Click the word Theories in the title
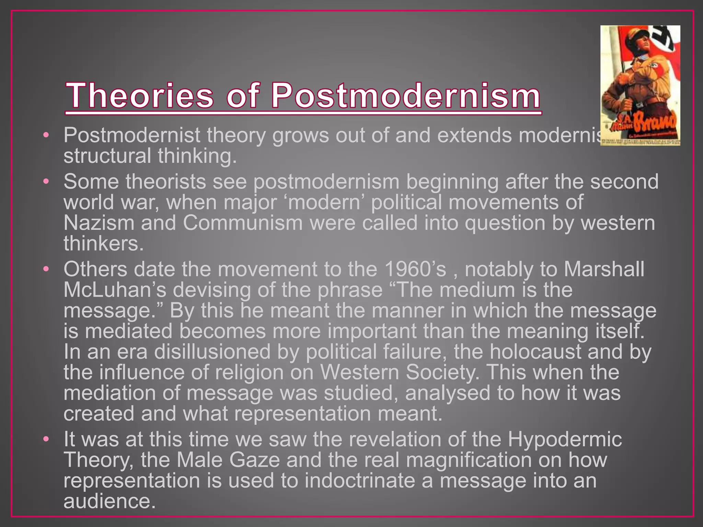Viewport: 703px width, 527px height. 139,95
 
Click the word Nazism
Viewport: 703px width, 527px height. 99,223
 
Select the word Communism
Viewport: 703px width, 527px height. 243,223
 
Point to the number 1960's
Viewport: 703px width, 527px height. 416,269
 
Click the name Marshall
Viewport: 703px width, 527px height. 604,269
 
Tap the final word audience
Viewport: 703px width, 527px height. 107,501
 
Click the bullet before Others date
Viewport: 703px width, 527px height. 46,269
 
